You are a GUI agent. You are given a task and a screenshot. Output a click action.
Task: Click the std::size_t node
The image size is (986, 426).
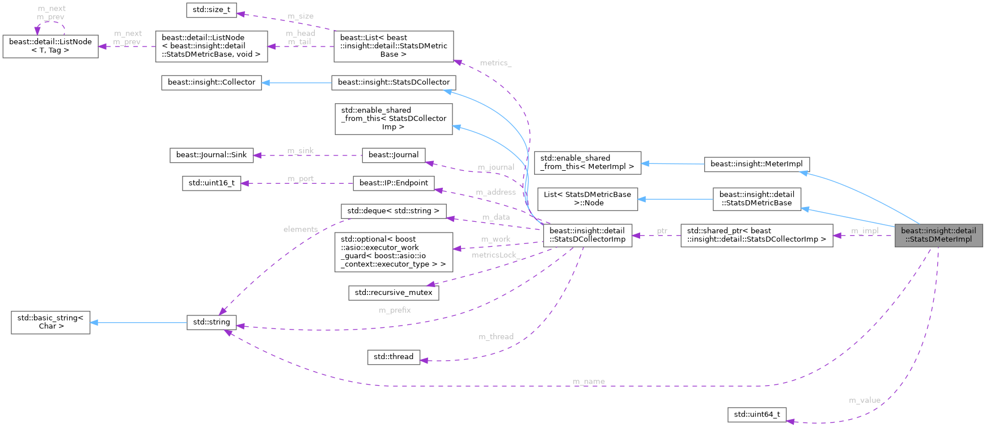211,10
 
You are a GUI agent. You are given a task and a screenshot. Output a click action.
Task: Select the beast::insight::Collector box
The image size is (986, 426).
211,82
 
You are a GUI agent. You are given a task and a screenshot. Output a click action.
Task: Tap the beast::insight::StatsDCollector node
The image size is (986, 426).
393,82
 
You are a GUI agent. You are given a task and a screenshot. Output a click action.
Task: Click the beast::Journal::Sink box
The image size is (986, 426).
211,155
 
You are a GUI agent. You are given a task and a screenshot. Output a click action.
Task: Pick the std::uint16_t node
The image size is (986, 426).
211,183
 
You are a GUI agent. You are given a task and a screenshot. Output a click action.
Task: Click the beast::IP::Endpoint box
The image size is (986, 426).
393,183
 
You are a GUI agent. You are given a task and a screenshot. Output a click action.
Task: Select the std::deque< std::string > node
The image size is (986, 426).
393,211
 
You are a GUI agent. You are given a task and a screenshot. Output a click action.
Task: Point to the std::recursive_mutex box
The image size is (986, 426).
393,293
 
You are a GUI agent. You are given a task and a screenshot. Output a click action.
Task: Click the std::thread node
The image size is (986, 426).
393,357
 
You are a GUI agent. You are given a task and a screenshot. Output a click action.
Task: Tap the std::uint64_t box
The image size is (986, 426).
757,415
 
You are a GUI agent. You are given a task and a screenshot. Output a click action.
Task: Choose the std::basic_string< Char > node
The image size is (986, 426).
50,322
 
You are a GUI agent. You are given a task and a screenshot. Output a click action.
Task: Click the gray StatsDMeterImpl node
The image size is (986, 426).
938,235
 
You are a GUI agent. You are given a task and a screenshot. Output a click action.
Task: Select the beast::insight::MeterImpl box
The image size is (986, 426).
756,165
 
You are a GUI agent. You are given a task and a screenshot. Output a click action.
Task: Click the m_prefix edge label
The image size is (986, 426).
395,310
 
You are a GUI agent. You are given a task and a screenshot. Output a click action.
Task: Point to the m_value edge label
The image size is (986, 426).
864,400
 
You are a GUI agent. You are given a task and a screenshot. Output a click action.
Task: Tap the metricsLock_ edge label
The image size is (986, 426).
495,255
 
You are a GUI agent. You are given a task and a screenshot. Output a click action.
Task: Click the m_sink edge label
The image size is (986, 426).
300,150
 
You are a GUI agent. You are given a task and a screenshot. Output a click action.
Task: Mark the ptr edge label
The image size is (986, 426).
662,231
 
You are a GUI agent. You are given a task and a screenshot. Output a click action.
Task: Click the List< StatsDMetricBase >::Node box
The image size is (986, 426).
587,199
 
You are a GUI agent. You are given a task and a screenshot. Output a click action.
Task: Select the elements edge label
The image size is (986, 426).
300,229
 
